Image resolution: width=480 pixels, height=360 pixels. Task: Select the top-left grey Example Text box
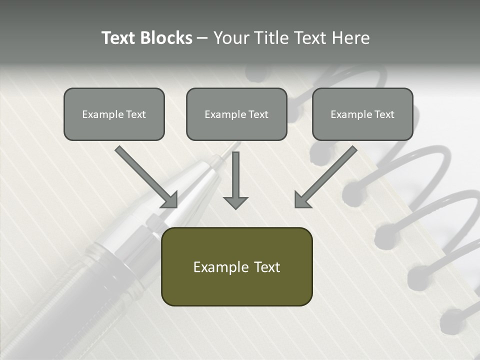114,114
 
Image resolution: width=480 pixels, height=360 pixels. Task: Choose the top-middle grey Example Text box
236,114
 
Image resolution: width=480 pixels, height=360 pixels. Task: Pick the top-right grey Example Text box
362,114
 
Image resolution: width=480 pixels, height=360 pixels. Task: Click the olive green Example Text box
236,266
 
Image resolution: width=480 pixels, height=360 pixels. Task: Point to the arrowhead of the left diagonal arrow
170,200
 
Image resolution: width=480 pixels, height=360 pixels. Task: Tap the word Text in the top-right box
384,114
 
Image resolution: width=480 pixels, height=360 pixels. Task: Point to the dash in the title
202,38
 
